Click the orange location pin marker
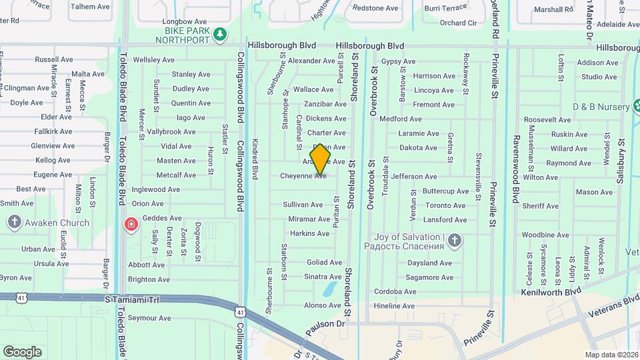click(x=321, y=159)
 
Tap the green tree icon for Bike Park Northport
click(x=219, y=34)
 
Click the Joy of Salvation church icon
click(x=454, y=241)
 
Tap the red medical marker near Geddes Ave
click(x=131, y=223)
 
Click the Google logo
click(x=22, y=351)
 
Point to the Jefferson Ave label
click(x=414, y=177)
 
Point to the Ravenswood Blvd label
click(x=515, y=167)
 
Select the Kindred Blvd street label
click(x=255, y=159)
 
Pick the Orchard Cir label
click(x=458, y=23)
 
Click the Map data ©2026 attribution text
click(x=611, y=355)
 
